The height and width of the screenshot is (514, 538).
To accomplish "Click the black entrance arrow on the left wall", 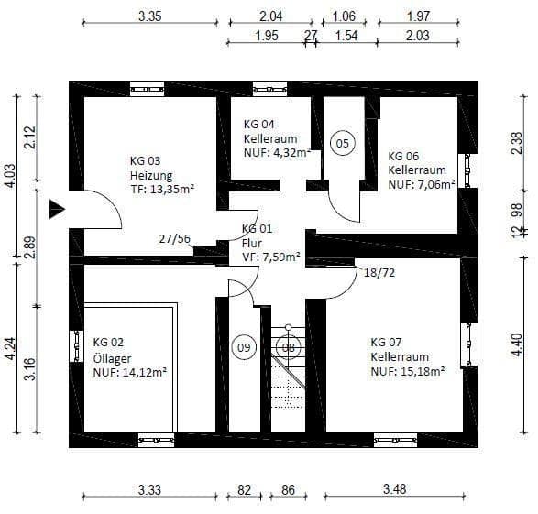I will pos(57,209).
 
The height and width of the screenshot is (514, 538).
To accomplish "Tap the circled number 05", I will pos(342,143).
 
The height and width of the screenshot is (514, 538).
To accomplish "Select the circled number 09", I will pos(244,347).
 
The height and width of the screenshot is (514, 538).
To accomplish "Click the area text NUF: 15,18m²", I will pos(408,371).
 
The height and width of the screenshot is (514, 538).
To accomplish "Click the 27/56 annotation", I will pos(174,238).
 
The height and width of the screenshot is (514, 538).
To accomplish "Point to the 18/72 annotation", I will pos(380,274).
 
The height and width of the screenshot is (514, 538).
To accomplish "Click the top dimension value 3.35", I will pos(149,16).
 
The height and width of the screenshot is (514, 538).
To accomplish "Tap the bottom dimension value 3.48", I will pos(394,490).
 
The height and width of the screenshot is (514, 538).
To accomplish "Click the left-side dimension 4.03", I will pos(11,175).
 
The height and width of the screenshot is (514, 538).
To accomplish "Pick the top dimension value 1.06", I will pos(344,16).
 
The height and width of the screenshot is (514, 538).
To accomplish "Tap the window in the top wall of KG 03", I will pos(147,89).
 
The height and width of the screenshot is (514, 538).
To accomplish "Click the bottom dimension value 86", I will pos(287,490).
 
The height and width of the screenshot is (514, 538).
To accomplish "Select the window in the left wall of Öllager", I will pos(75,346).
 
